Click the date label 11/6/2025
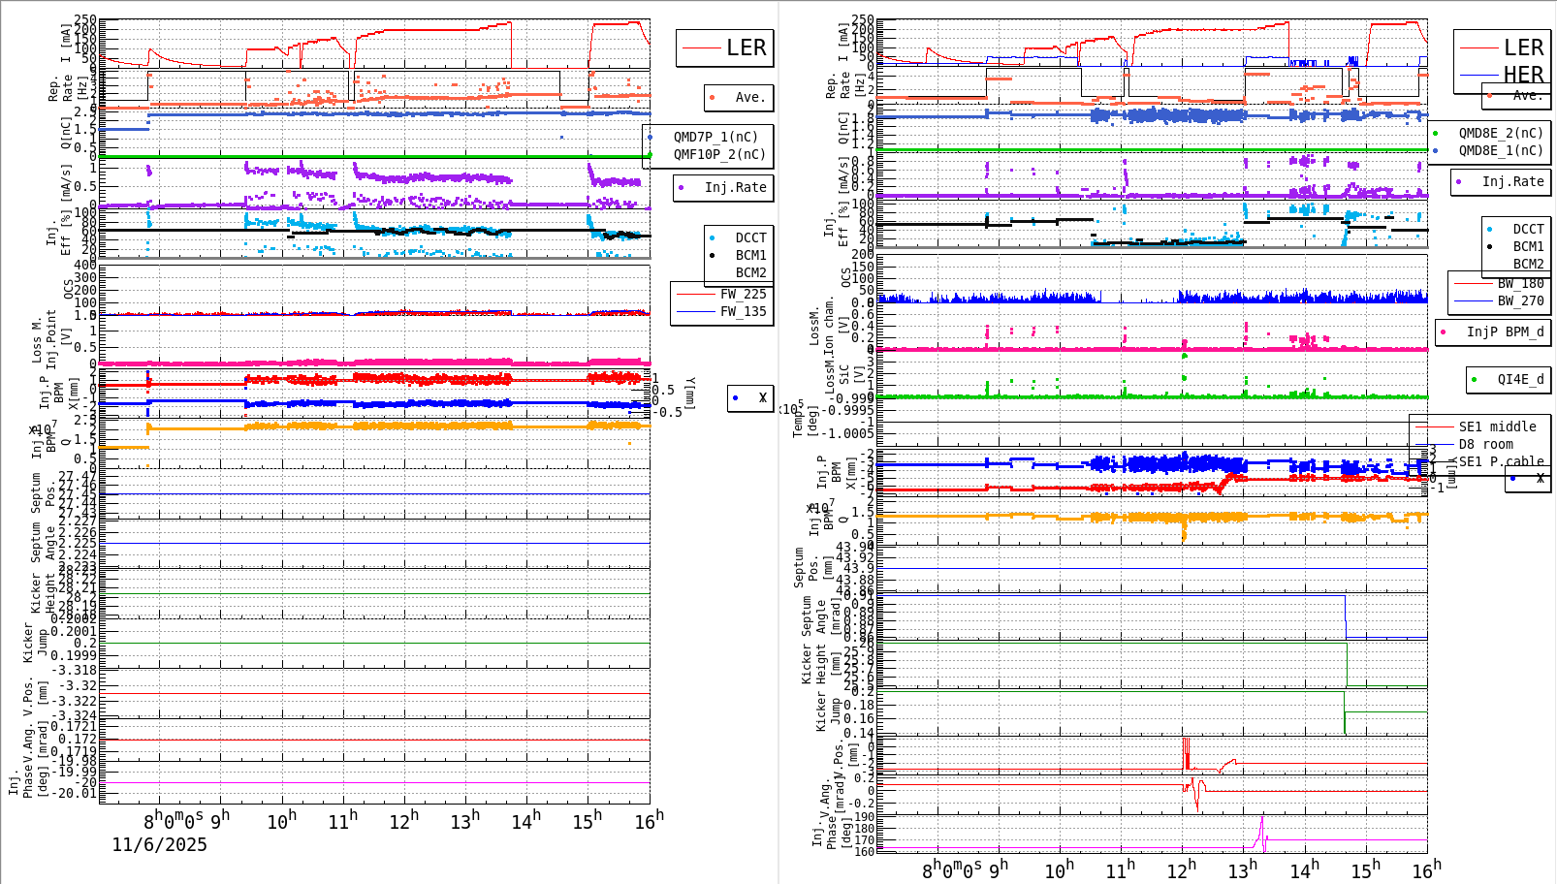159,845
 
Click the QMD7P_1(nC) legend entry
715,137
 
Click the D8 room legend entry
1484,444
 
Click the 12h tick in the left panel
404,821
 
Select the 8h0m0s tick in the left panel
174,821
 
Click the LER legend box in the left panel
725,47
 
